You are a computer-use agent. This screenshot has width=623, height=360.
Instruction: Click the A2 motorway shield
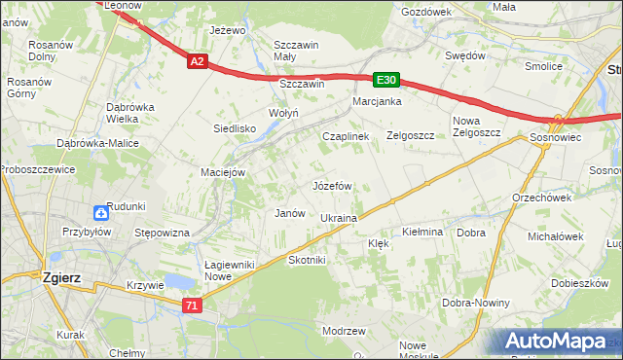[x=197, y=61]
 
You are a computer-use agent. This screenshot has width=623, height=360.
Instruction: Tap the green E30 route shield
[x=385, y=80]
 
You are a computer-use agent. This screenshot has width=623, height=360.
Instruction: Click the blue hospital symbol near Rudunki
[x=102, y=213]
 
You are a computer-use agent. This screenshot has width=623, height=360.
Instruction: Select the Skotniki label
[x=307, y=261]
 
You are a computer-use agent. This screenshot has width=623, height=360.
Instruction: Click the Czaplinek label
[x=346, y=137]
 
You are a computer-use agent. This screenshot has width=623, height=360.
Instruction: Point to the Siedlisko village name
[x=235, y=128]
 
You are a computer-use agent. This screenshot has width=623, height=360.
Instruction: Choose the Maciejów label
[x=222, y=173]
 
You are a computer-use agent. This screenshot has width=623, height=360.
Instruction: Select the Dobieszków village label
[x=577, y=283]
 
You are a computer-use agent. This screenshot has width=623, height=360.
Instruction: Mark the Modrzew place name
[x=343, y=331]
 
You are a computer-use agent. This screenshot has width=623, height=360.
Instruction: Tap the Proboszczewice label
[x=35, y=168]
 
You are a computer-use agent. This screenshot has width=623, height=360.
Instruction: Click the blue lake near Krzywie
[x=177, y=282]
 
